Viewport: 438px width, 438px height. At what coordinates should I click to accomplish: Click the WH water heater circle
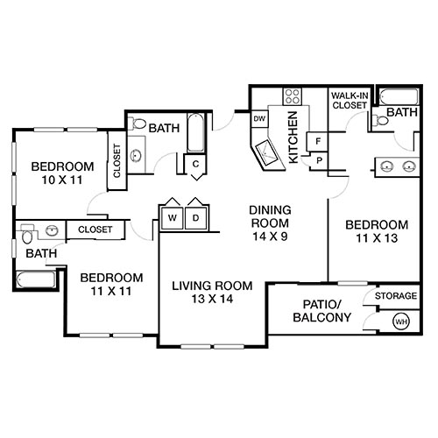point(401,321)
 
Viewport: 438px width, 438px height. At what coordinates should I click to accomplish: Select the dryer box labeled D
point(196,216)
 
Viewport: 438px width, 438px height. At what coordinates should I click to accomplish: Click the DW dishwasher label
point(259,118)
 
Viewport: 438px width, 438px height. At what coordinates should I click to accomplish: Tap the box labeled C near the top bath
point(195,163)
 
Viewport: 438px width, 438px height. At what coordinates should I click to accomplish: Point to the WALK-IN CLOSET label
point(348,101)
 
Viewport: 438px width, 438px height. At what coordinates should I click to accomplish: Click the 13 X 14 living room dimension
point(211,300)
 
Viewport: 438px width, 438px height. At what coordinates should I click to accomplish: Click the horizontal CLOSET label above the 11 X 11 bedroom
point(94,230)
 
